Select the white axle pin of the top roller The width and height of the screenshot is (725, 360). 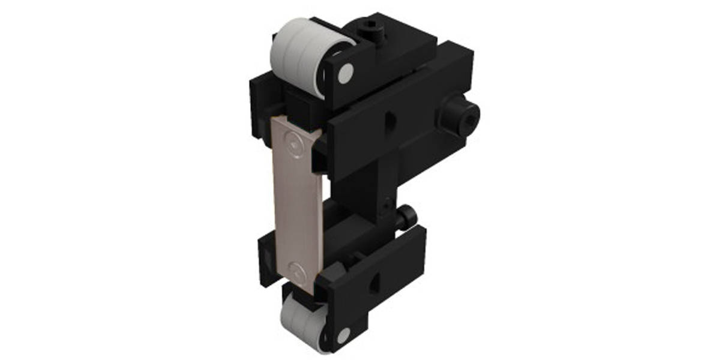pos(346,74)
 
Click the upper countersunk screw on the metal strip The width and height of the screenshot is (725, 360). pos(292,143)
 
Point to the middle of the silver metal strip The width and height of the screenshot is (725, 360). pos(295,204)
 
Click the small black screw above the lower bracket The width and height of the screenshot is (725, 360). pos(406,214)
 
